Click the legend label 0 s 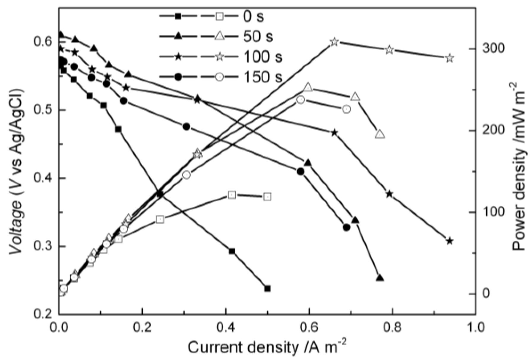pos(253,16)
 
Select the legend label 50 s pos(258,36)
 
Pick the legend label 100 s pos(263,57)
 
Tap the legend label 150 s pos(263,77)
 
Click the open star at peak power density pos(334,42)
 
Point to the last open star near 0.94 pos(449,58)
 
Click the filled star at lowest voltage pos(449,241)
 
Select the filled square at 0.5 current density pos(267,288)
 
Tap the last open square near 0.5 pos(267,197)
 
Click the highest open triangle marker pos(308,87)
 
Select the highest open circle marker pos(301,100)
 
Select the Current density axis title pos(267,347)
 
